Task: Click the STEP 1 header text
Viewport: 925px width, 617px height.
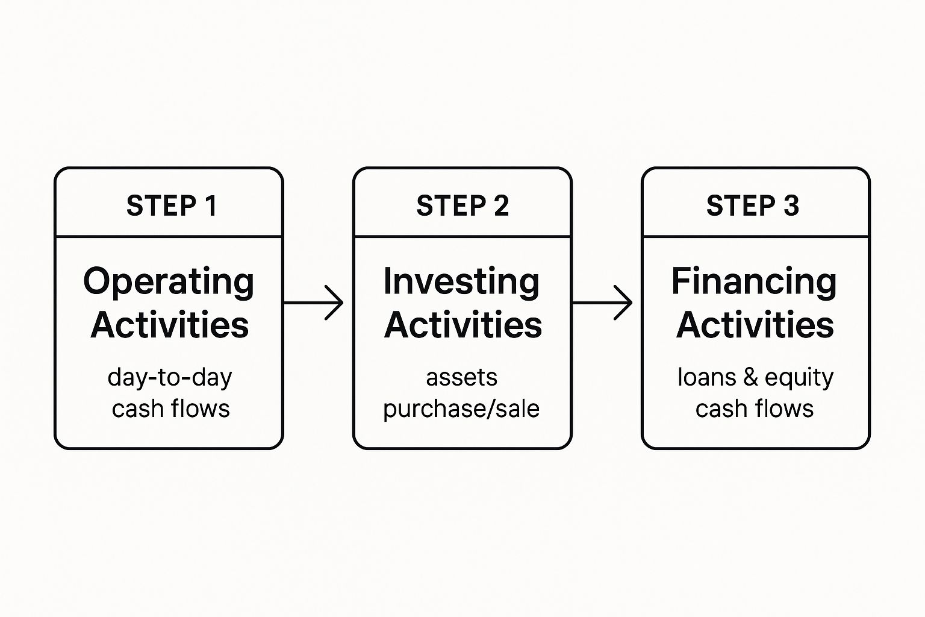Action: [x=172, y=205]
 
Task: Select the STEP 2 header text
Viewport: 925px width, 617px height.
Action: [x=462, y=205]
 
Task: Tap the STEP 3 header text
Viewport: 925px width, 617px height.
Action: [x=753, y=205]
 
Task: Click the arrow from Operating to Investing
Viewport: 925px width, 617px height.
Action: [x=313, y=302]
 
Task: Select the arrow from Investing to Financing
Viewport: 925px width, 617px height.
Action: [x=602, y=302]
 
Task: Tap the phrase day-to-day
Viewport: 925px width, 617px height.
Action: [x=170, y=378]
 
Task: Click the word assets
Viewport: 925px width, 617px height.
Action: [x=462, y=378]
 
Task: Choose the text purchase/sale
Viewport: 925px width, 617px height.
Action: [x=461, y=409]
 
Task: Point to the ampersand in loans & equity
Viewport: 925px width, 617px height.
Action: [x=751, y=377]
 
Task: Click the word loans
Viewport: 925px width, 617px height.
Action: [x=707, y=377]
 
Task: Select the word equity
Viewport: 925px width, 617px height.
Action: [x=799, y=378]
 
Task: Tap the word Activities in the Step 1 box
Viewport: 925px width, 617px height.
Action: [x=170, y=325]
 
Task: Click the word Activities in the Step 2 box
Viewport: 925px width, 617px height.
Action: [x=463, y=325]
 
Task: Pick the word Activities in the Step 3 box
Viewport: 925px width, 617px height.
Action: [x=755, y=325]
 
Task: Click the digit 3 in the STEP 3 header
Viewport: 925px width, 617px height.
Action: [x=791, y=205]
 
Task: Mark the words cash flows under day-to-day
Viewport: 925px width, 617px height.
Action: [x=170, y=409]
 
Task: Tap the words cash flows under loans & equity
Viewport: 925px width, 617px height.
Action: [x=755, y=409]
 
